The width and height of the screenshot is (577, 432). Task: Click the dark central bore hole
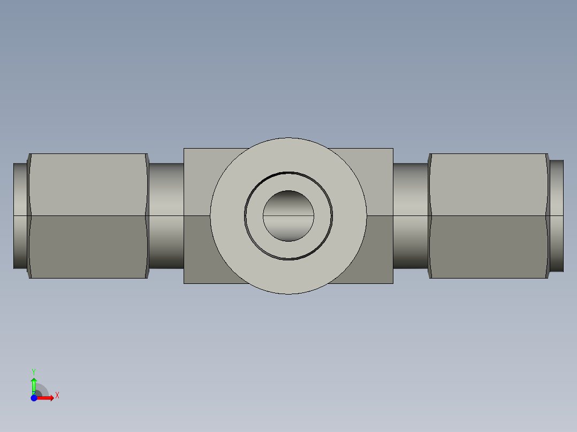[288, 216]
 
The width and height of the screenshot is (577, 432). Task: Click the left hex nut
[88, 216]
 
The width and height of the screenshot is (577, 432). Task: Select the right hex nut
[489, 216]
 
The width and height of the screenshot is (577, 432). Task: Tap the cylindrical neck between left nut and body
[166, 216]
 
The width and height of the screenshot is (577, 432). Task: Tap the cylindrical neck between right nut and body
[411, 216]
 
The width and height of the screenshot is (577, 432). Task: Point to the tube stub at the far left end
[20, 216]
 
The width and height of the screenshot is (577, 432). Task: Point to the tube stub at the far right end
[557, 216]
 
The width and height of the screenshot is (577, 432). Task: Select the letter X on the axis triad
[57, 396]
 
